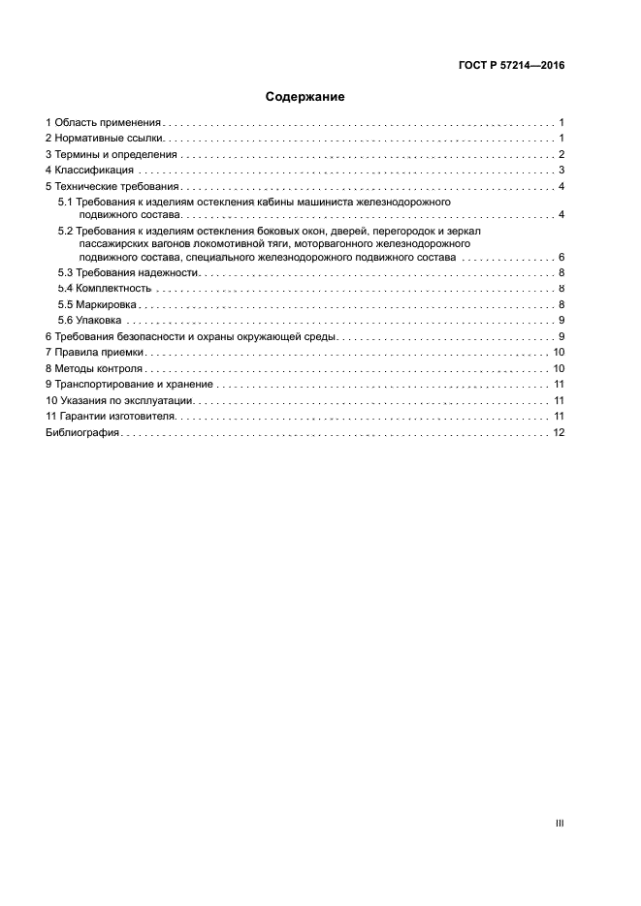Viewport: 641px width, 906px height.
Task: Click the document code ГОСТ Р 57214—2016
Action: (x=511, y=66)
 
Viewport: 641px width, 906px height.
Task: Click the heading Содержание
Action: (x=305, y=98)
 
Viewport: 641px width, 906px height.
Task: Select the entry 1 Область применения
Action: (x=103, y=123)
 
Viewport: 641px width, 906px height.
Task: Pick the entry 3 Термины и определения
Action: (x=111, y=154)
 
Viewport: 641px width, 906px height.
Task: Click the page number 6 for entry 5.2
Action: (x=561, y=258)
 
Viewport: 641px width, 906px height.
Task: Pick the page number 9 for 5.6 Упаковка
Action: (x=561, y=321)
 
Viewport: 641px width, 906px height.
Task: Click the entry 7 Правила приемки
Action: (x=95, y=353)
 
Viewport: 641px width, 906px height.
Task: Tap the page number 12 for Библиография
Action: (x=559, y=432)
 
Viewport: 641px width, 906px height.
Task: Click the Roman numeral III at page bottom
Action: (x=560, y=823)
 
